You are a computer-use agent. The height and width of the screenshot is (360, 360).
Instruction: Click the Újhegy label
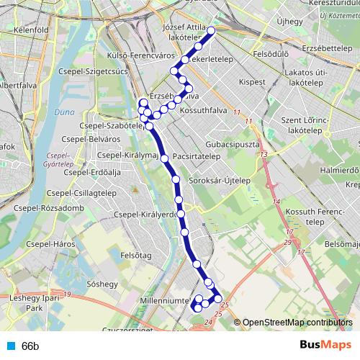click(290, 22)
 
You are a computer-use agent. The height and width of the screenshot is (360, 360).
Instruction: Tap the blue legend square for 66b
click(9, 346)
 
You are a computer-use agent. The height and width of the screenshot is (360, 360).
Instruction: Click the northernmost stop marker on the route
click(212, 32)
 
